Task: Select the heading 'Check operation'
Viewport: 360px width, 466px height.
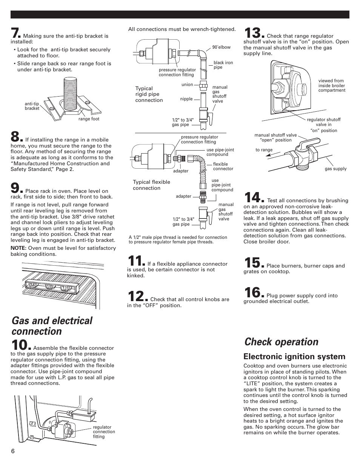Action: (x=281, y=342)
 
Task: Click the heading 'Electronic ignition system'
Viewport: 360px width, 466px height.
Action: (x=294, y=357)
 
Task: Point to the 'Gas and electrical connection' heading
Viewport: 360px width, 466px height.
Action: (x=52, y=326)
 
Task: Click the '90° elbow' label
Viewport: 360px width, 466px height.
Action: (x=222, y=47)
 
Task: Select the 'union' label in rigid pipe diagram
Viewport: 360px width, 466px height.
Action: (x=187, y=85)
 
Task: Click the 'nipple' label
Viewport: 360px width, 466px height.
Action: (x=186, y=99)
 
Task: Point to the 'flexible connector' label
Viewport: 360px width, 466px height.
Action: (x=223, y=166)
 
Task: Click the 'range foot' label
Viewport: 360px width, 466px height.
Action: (x=89, y=119)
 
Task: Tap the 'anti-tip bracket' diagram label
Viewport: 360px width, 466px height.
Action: (x=32, y=106)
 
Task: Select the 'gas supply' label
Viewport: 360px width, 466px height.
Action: (x=335, y=169)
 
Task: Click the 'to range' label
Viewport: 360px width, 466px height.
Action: (x=264, y=150)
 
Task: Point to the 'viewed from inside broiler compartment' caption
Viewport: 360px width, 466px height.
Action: (x=332, y=86)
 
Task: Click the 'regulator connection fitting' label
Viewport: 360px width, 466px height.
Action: (x=104, y=432)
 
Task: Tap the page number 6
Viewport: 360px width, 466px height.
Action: (x=13, y=452)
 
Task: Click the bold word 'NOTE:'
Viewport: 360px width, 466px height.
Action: (x=18, y=248)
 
